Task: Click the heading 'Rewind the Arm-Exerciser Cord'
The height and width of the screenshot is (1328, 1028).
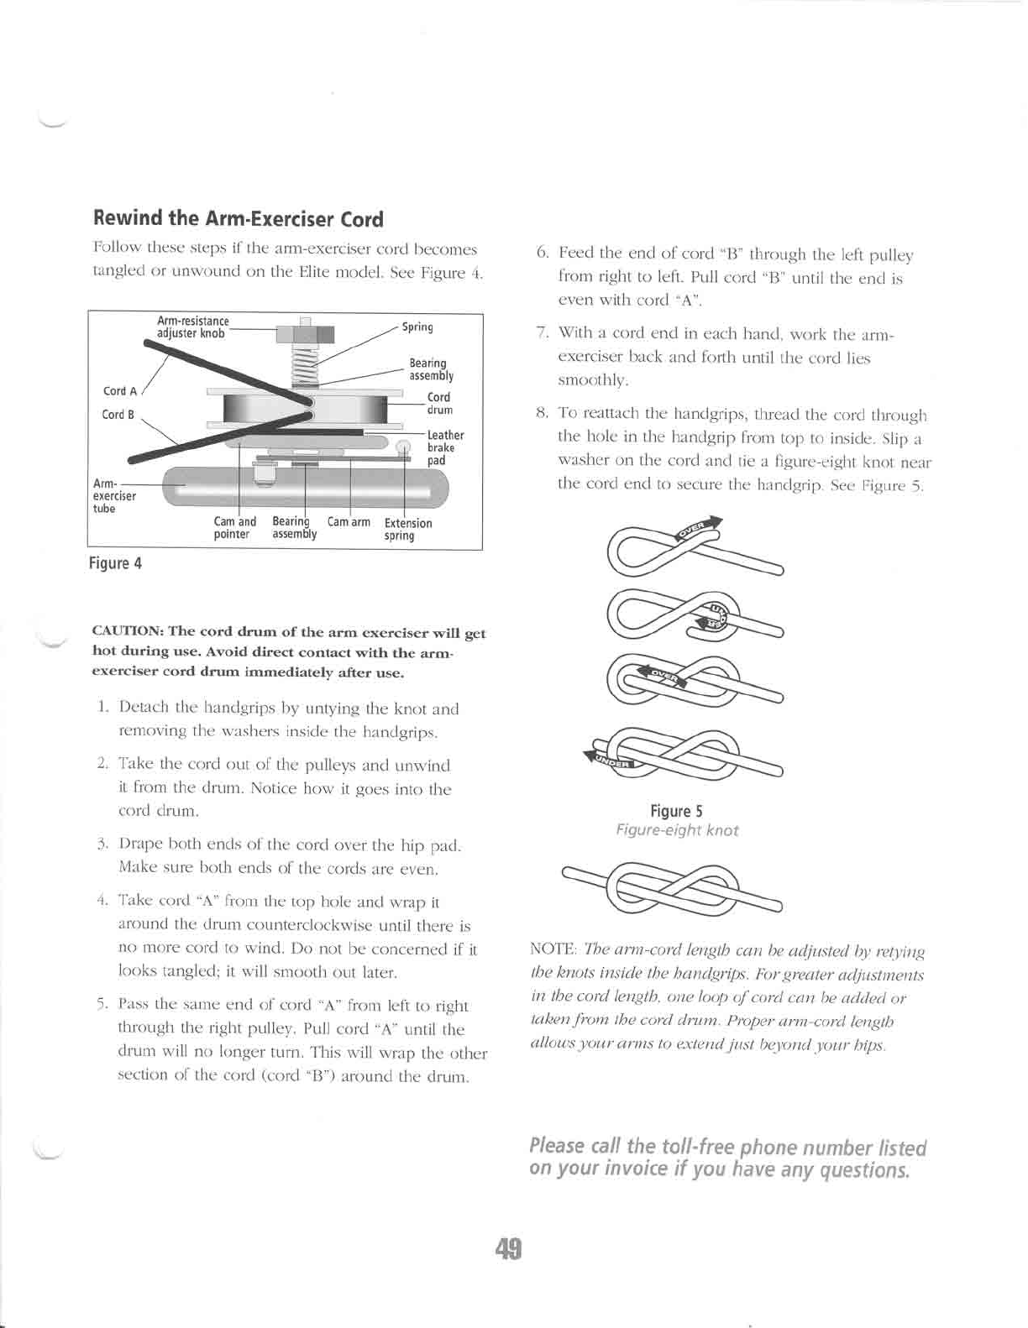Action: coord(239,220)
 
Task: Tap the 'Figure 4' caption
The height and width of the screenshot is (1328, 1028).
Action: coord(115,563)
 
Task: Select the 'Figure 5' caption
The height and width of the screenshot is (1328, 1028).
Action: coord(675,811)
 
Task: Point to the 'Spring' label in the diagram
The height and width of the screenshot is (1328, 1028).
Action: coord(417,327)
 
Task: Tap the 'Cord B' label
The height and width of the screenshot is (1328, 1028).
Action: coord(118,415)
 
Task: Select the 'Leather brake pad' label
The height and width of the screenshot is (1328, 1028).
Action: coord(444,447)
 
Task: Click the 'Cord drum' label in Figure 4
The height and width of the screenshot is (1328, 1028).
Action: coord(439,404)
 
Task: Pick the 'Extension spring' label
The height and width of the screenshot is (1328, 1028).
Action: coord(407,529)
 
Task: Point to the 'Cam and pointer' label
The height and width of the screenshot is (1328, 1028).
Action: coord(234,528)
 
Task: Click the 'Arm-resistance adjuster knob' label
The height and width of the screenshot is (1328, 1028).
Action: coord(192,327)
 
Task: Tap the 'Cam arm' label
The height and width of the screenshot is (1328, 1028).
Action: coord(349,522)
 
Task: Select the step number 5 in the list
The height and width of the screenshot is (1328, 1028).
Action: coord(100,1006)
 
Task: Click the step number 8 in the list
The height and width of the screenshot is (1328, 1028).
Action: coord(542,415)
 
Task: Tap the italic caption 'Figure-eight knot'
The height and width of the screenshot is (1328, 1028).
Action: coord(677,830)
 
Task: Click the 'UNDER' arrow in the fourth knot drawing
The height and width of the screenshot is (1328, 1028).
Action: coord(611,759)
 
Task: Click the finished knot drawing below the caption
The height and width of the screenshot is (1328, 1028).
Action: coord(672,886)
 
